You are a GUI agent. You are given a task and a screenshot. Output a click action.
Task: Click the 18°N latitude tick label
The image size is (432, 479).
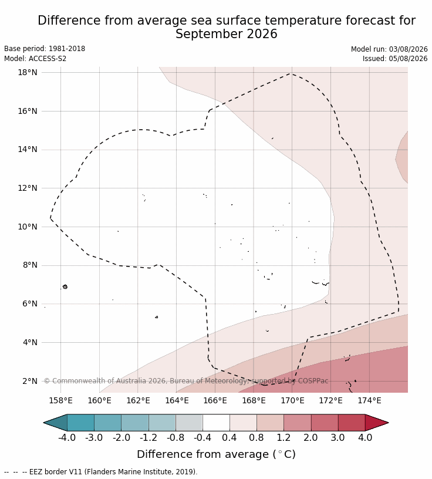(x=28, y=72)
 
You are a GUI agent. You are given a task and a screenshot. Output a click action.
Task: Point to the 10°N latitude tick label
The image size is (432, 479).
(x=28, y=227)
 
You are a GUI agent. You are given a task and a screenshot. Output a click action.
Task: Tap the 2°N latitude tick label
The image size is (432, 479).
(x=30, y=381)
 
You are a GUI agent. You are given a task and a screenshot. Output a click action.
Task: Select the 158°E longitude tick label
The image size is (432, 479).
(x=60, y=400)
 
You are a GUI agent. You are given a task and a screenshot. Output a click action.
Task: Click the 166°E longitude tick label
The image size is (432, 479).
(x=215, y=400)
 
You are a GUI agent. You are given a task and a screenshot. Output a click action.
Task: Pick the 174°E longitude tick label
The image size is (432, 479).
(x=369, y=400)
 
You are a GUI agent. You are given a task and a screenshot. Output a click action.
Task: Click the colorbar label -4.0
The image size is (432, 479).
(x=67, y=438)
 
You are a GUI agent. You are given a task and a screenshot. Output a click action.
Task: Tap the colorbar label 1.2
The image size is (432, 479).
(x=283, y=438)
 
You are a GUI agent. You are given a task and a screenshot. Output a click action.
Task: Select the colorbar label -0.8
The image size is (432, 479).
(x=176, y=438)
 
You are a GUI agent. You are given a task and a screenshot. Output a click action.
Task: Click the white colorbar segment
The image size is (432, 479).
(x=216, y=423)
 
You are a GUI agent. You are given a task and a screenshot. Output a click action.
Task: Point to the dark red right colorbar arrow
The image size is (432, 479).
(x=376, y=423)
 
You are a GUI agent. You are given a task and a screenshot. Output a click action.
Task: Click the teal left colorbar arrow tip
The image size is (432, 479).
(x=43, y=423)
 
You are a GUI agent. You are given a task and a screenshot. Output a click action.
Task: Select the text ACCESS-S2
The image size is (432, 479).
(x=48, y=58)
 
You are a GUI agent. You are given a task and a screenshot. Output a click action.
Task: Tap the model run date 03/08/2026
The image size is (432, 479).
(x=408, y=49)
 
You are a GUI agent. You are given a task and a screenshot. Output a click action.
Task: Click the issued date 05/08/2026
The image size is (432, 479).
(x=408, y=58)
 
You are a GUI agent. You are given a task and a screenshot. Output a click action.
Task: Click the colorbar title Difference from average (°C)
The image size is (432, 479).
(x=217, y=454)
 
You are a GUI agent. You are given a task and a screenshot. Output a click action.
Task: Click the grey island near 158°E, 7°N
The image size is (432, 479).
(x=65, y=286)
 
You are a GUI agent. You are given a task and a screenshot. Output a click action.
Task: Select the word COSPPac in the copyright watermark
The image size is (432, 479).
(x=313, y=381)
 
